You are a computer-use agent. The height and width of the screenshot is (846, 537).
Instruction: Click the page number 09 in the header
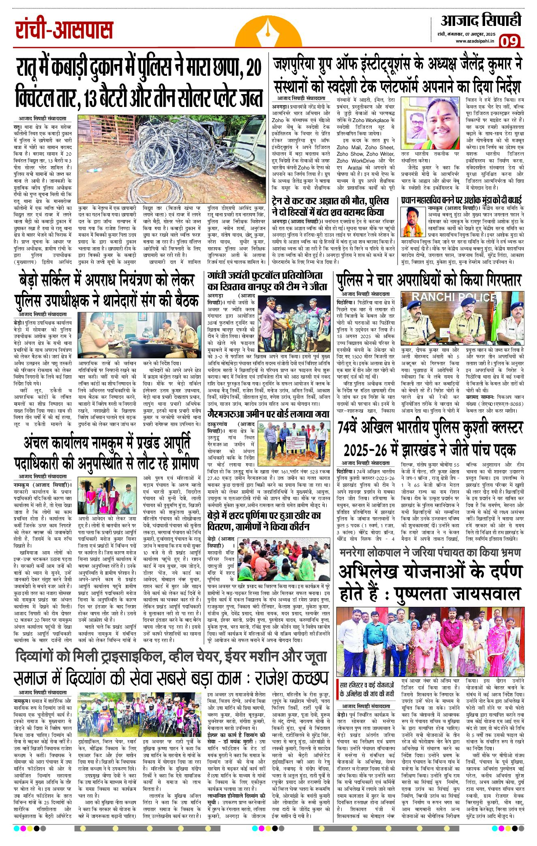point(510,42)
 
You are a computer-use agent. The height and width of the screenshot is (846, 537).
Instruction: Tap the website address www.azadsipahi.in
point(475,41)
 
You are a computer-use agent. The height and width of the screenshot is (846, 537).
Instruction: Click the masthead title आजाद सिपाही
point(481,20)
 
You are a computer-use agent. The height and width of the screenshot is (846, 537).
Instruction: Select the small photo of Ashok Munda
point(413,222)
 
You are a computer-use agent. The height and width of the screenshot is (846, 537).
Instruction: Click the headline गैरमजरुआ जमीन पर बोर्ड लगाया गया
point(268,414)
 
